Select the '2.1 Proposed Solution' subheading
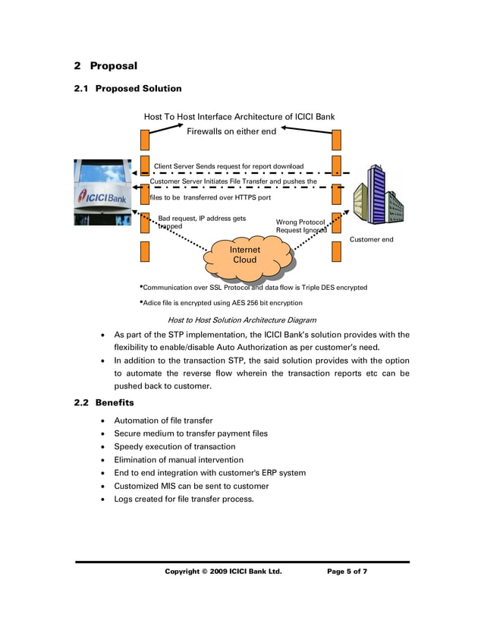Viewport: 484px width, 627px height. click(x=127, y=89)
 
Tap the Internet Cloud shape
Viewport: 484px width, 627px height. click(x=245, y=255)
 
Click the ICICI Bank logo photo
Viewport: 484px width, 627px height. click(x=102, y=192)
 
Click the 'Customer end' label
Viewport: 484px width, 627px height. click(x=371, y=240)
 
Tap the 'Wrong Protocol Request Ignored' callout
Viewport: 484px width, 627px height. click(x=301, y=226)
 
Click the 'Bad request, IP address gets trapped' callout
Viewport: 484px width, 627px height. click(x=201, y=222)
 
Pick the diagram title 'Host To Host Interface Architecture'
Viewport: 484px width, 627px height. click(x=239, y=117)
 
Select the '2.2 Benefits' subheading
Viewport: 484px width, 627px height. click(x=103, y=402)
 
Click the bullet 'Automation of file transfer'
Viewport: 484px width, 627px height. click(x=163, y=421)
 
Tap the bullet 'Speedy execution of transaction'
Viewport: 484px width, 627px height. click(x=174, y=446)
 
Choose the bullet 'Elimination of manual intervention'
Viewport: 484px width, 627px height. click(x=178, y=459)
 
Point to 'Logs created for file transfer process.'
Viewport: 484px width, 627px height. click(x=184, y=499)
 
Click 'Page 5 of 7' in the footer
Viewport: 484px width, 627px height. click(x=347, y=571)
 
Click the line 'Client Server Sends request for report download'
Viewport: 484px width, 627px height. click(x=228, y=166)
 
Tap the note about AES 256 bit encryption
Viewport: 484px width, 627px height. click(x=222, y=303)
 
